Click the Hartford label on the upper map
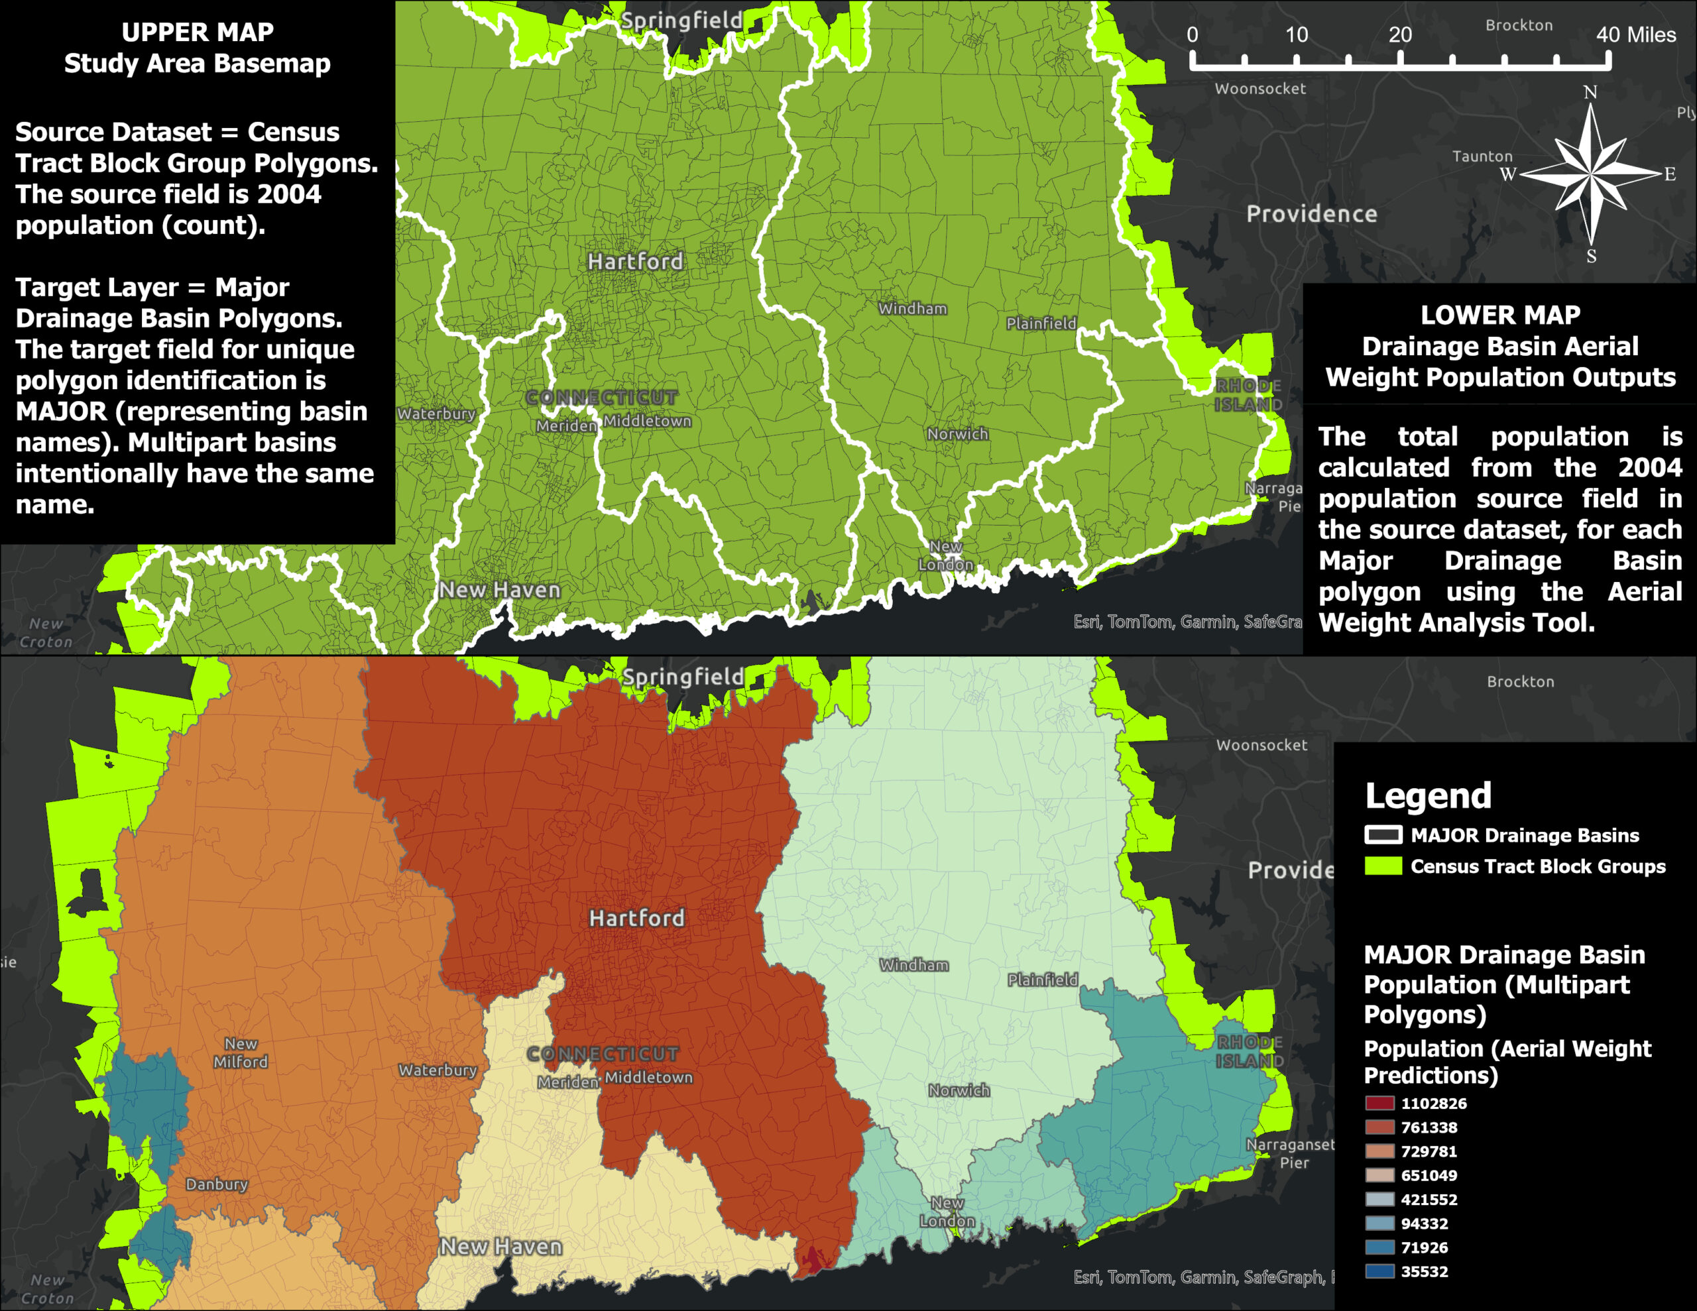point(635,261)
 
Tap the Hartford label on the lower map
point(636,918)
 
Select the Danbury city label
point(217,1184)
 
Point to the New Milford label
point(241,1053)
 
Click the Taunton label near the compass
point(1482,156)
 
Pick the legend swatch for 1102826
point(1379,1104)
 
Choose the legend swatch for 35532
point(1379,1272)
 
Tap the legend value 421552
point(1429,1200)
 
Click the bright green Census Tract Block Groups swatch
point(1383,866)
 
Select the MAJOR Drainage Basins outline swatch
point(1383,835)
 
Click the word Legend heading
point(1428,796)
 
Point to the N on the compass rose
point(1590,93)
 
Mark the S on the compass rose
point(1592,256)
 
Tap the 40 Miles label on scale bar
point(1635,35)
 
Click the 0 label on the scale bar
point(1192,35)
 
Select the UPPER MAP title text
point(198,32)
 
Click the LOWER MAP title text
point(1500,315)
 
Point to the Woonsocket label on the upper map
point(1259,89)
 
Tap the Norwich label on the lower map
point(959,1090)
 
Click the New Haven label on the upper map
point(500,590)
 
